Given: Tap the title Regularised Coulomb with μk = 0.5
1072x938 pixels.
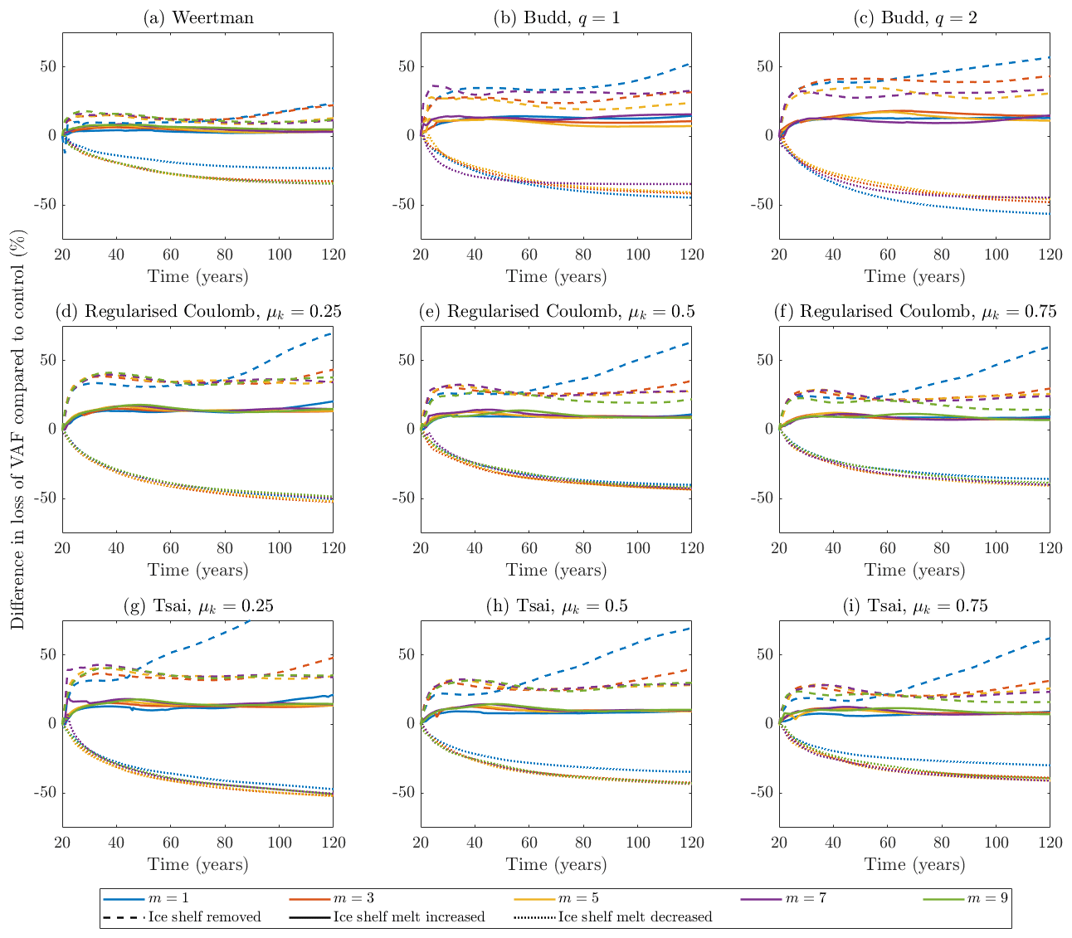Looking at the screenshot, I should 556,312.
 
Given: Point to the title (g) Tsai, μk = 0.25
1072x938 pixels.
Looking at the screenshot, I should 197,606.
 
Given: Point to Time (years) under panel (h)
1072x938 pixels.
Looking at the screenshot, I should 556,864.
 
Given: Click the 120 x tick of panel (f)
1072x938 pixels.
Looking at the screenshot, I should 1049,549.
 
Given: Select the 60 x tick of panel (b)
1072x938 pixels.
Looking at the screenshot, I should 529,255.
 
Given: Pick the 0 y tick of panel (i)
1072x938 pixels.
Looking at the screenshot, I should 767,723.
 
